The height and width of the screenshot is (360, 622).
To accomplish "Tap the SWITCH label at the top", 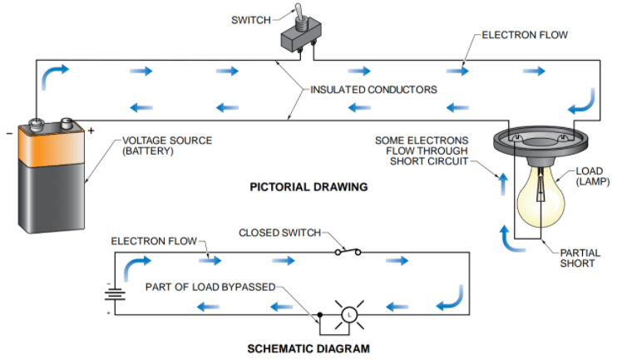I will [251, 19].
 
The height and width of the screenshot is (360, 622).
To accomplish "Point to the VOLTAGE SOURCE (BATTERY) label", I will [166, 145].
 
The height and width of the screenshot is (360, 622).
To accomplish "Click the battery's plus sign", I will [91, 131].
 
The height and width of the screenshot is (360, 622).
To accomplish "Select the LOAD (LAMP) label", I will [592, 178].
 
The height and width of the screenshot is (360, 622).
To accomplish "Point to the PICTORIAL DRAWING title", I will [309, 187].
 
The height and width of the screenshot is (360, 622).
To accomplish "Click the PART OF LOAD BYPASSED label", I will [209, 287].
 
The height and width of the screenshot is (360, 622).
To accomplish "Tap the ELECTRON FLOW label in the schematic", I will [154, 241].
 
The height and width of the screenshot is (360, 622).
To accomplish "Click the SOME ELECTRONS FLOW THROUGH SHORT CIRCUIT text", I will [422, 150].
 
